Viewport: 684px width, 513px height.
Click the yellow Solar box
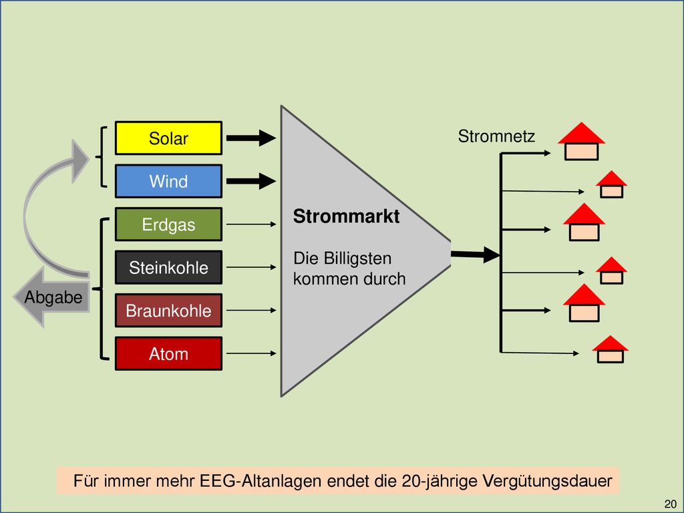point(168,138)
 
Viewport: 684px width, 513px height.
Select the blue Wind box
point(168,181)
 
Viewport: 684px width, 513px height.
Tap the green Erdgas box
point(168,224)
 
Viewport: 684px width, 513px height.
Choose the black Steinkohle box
point(168,267)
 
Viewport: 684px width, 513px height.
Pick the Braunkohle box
point(168,310)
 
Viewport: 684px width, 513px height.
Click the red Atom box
point(168,353)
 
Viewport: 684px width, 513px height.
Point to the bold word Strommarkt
point(347,216)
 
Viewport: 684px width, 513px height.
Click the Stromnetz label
point(496,136)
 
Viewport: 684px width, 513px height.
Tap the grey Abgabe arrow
point(52,297)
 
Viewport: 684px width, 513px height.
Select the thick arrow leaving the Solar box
point(251,138)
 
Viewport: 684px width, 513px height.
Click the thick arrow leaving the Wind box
point(251,181)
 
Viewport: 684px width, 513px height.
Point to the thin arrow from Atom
point(251,353)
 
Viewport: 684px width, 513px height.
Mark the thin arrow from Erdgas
point(251,224)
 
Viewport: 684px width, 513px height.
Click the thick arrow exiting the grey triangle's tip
point(476,254)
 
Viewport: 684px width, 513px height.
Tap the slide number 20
point(671,504)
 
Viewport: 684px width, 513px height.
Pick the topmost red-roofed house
point(582,142)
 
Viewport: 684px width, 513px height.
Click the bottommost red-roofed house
point(611,349)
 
